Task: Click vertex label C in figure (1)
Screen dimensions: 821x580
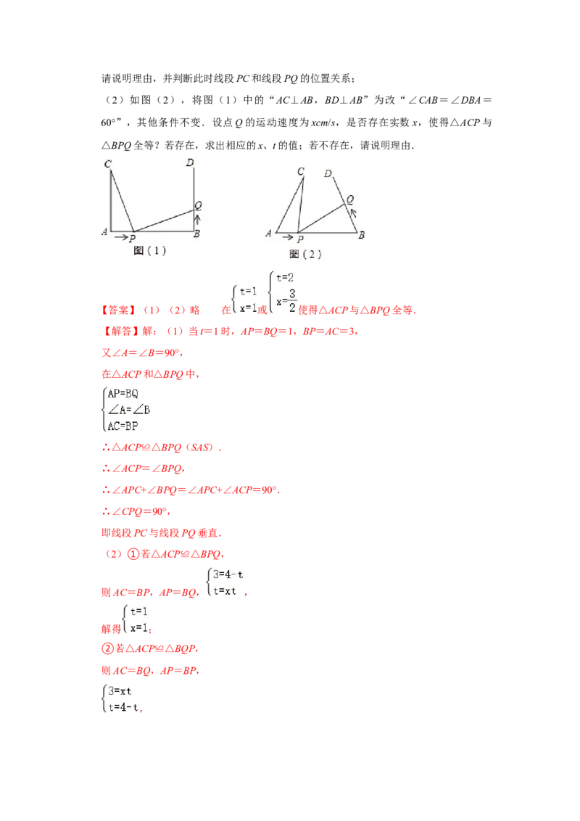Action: click(108, 165)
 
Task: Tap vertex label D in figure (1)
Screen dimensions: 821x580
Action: click(190, 162)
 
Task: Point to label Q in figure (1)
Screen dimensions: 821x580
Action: click(197, 206)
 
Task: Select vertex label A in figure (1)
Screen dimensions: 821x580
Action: click(105, 233)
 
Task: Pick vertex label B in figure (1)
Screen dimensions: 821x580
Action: click(196, 234)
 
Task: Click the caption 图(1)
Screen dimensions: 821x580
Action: click(150, 250)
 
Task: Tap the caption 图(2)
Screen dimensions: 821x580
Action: click(305, 254)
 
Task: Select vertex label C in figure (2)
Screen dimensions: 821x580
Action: click(300, 172)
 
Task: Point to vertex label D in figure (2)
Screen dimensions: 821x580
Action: click(328, 174)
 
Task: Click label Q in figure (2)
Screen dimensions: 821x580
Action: click(350, 199)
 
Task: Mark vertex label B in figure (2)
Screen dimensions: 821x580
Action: click(361, 234)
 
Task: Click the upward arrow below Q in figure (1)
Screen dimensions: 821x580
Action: click(196, 219)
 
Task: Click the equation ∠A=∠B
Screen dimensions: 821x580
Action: click(128, 410)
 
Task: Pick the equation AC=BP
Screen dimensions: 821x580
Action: click(122, 426)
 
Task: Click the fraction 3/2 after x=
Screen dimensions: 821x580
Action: click(292, 302)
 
